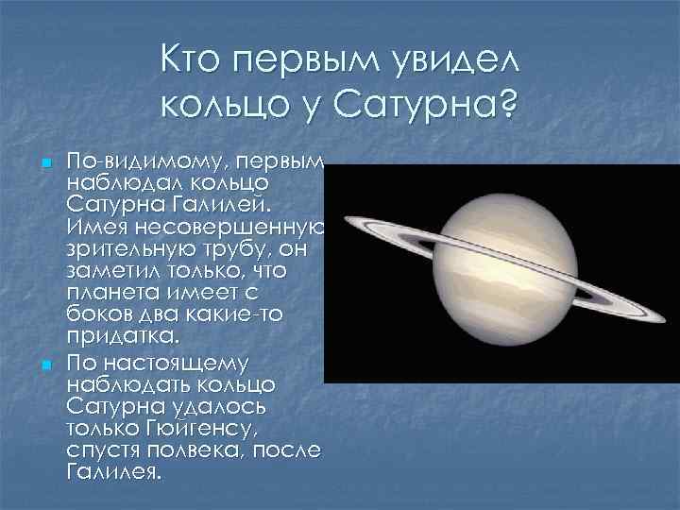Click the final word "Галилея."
[114, 470]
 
